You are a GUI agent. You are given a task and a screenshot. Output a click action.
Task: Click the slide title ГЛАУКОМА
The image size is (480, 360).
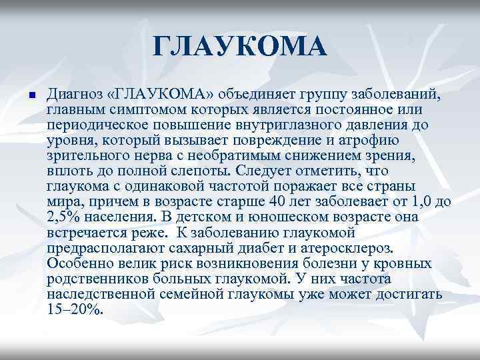[x=240, y=48]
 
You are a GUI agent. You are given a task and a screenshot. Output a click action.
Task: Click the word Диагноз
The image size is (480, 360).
[x=77, y=94]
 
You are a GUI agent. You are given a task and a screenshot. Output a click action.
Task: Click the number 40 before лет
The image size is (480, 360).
[x=273, y=201]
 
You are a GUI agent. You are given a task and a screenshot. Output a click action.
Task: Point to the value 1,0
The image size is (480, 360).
[x=423, y=201]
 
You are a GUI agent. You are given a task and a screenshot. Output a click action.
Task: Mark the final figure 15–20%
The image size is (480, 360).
[x=75, y=309]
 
